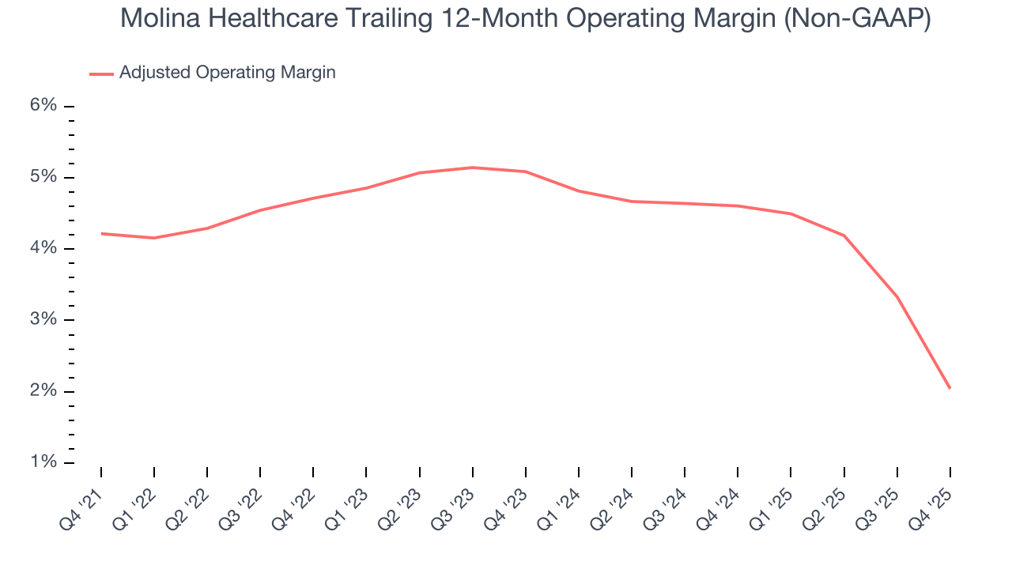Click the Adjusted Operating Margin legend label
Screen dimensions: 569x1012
[x=227, y=73]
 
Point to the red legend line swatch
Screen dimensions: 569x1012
[x=101, y=73]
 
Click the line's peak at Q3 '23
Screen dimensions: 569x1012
[x=473, y=168]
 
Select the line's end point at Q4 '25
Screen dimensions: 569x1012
[x=950, y=388]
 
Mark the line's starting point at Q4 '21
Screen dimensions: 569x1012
[x=101, y=233]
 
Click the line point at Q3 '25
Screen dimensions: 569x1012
[x=897, y=296]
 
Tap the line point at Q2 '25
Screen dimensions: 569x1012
[x=844, y=236]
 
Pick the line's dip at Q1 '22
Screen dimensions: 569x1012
[x=154, y=238]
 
